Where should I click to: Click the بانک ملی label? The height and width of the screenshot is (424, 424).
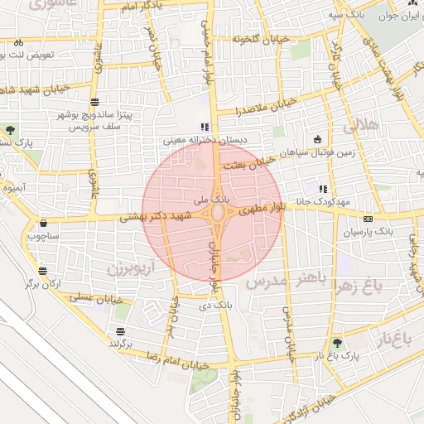[x=209, y=200]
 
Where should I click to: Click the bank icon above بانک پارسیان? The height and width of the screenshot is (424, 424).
[x=368, y=219]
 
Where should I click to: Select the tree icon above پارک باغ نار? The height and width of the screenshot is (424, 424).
[x=336, y=342]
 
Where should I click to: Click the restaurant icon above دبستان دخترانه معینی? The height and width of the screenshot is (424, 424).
[x=204, y=127]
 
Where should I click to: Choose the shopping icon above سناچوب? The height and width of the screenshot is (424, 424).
[x=42, y=222]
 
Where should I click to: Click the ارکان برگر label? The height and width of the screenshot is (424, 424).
[x=44, y=283]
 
